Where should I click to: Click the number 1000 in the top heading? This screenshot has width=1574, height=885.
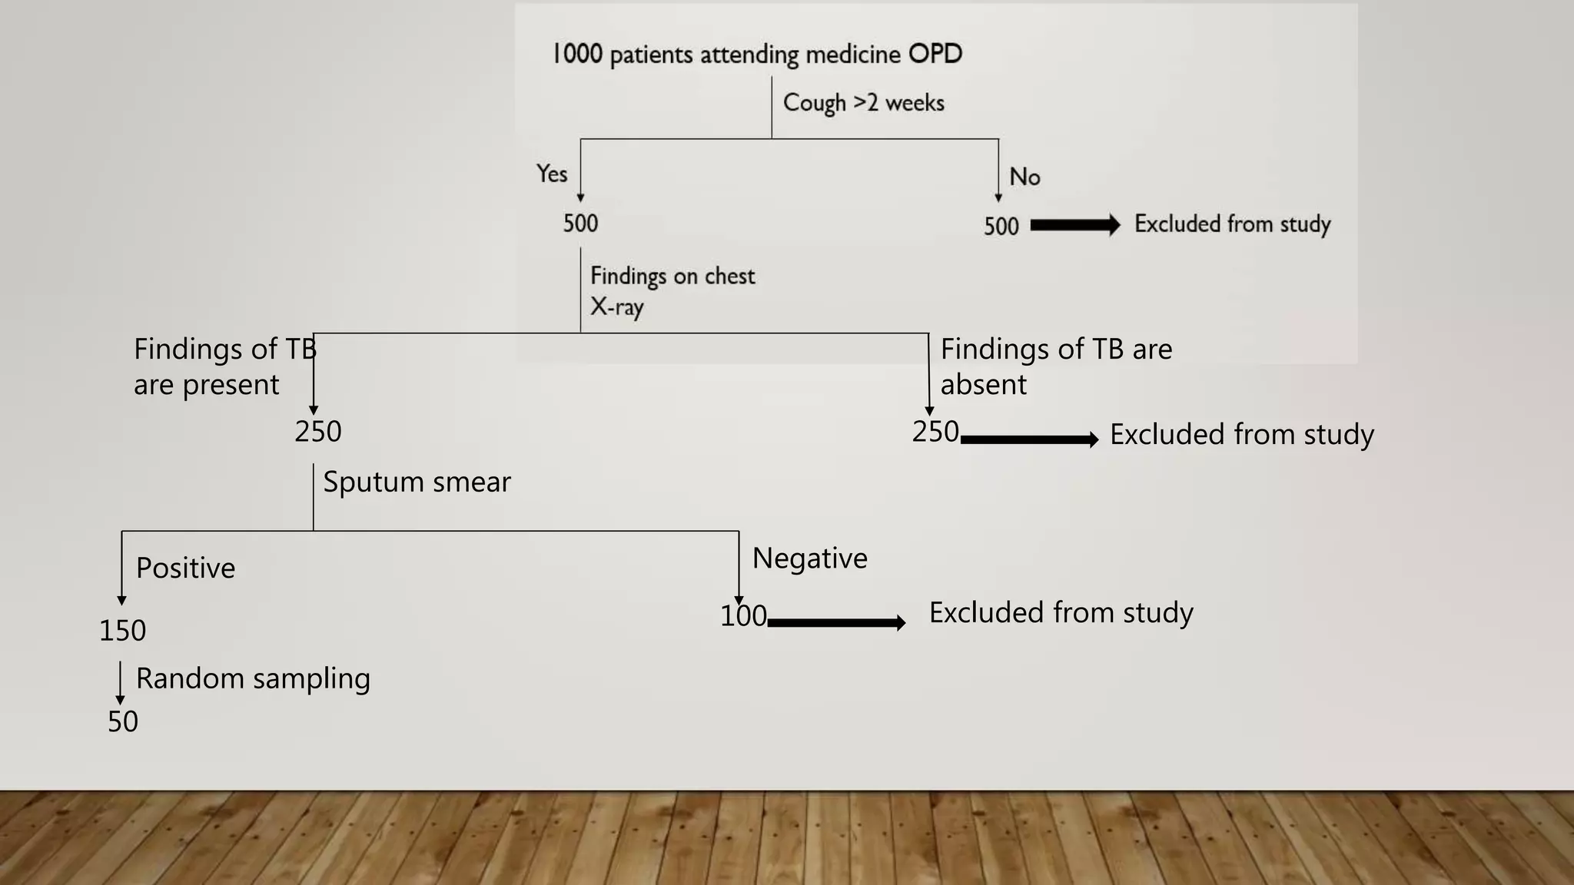tap(578, 54)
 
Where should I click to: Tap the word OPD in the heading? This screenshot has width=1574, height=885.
tap(935, 54)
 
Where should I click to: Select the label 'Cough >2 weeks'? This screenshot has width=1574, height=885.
tap(863, 103)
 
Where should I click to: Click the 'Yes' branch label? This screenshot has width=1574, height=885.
tap(552, 174)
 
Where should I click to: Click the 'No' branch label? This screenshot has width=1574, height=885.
tap(1024, 177)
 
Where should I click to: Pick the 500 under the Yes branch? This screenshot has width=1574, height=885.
tap(580, 224)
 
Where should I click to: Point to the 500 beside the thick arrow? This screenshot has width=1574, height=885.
tap(1001, 227)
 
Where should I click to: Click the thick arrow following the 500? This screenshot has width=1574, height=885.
tap(1074, 225)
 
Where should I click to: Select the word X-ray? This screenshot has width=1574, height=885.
tap(616, 307)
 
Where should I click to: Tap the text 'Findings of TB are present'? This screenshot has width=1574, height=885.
tap(223, 366)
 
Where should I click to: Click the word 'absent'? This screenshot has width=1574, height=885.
tap(983, 385)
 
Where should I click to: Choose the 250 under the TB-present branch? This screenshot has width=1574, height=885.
tap(317, 432)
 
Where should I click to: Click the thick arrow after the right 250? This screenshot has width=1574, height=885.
tap(1029, 439)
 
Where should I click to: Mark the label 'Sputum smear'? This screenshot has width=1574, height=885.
tap(417, 482)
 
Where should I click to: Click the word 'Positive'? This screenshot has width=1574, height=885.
tap(185, 568)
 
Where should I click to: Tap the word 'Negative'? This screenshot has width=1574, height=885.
tap(809, 559)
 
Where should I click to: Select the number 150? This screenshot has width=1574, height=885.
tap(122, 631)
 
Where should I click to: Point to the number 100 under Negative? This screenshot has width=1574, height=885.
tap(742, 616)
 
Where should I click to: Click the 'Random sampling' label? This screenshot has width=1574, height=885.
tap(253, 679)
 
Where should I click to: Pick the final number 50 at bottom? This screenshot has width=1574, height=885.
tap(123, 722)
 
